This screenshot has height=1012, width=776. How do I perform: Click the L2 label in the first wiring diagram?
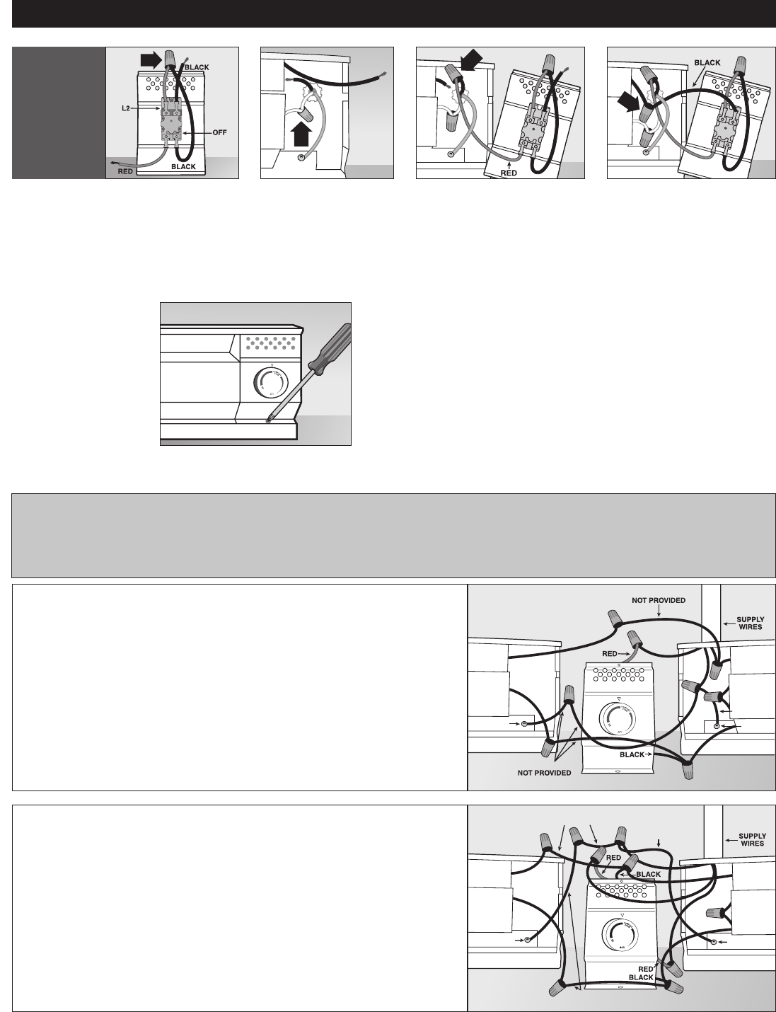(126, 108)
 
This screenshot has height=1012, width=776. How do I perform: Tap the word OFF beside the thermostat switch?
(220, 133)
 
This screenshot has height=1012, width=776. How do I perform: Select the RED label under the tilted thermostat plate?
(509, 173)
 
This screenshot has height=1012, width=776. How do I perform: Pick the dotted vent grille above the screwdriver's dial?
(270, 344)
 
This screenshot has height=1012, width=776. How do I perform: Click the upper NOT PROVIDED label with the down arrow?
(659, 601)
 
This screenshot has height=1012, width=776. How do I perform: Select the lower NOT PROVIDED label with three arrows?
(544, 773)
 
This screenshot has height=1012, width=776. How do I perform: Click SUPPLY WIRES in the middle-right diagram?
(751, 623)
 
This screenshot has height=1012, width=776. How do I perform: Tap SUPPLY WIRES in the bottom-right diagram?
(752, 839)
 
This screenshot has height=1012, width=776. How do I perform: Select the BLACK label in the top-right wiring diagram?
(707, 63)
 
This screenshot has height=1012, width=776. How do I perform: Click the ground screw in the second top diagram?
(301, 158)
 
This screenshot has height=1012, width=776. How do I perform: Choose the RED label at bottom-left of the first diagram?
(125, 171)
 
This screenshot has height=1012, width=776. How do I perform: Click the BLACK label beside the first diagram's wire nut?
(197, 67)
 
